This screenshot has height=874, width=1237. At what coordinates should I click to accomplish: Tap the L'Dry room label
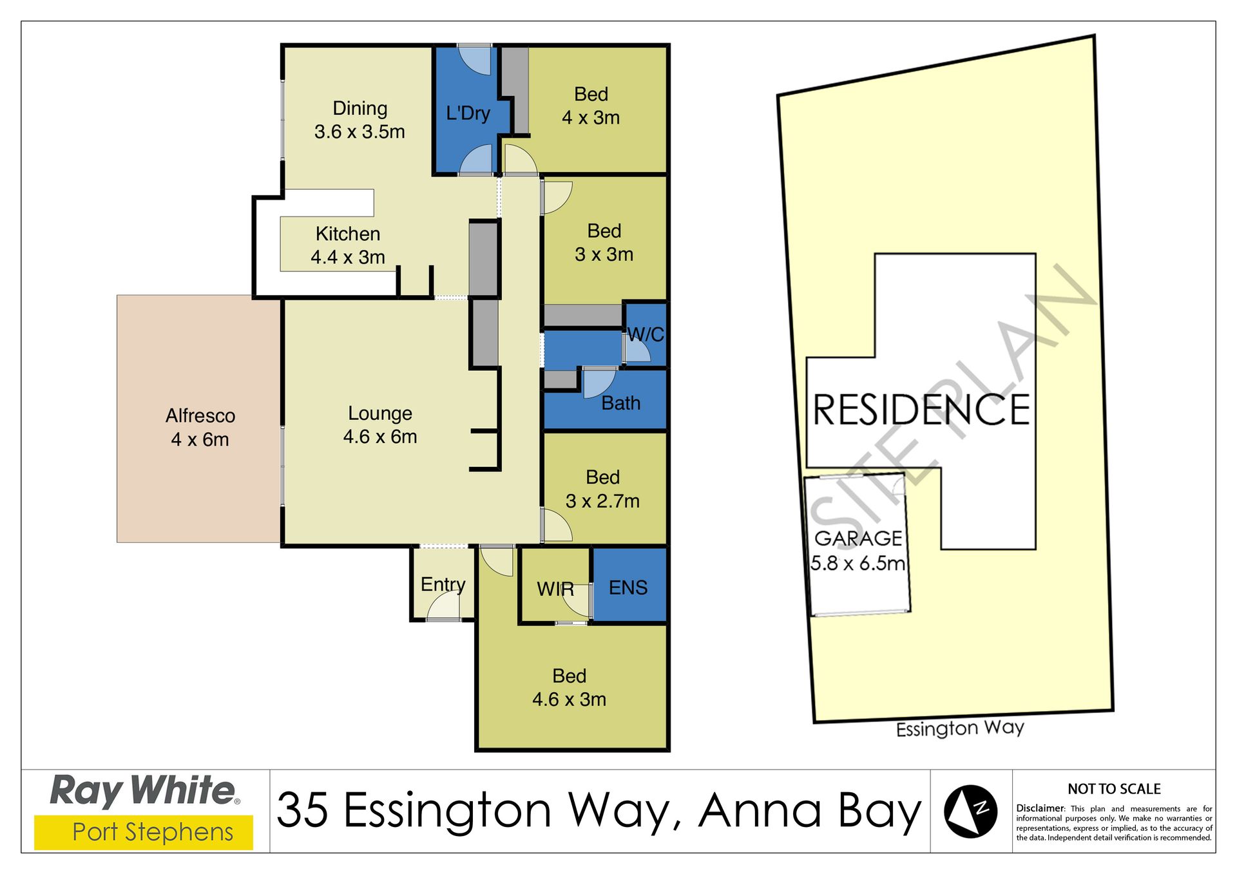tap(468, 113)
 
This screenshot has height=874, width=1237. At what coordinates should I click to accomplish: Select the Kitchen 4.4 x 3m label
tap(348, 245)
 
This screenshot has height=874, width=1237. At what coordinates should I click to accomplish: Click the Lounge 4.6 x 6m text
tap(380, 425)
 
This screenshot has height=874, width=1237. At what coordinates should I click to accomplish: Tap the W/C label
tap(646, 334)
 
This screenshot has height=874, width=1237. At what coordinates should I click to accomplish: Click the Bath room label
tap(621, 403)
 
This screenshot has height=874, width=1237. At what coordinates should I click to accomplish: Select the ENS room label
tap(628, 587)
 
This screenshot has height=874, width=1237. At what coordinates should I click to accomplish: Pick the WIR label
tap(555, 589)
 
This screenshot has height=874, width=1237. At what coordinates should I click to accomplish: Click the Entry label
tap(443, 585)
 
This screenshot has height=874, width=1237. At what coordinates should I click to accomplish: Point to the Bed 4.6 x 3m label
tap(570, 688)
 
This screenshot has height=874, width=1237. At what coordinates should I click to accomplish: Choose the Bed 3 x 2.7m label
tap(603, 489)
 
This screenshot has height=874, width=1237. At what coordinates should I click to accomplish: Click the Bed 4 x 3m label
tap(591, 106)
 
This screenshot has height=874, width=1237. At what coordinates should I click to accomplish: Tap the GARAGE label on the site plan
tap(858, 538)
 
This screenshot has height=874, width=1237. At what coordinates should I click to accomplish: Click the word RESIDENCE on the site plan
tap(921, 410)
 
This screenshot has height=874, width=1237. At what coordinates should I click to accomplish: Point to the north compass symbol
tap(970, 812)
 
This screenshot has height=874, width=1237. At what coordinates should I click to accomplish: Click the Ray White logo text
tap(144, 792)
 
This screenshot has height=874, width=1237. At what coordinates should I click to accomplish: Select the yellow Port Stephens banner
tap(144, 833)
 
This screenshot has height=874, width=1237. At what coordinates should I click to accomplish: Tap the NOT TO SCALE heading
tap(1114, 789)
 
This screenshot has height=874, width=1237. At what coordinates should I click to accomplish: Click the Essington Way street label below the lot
tap(960, 728)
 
